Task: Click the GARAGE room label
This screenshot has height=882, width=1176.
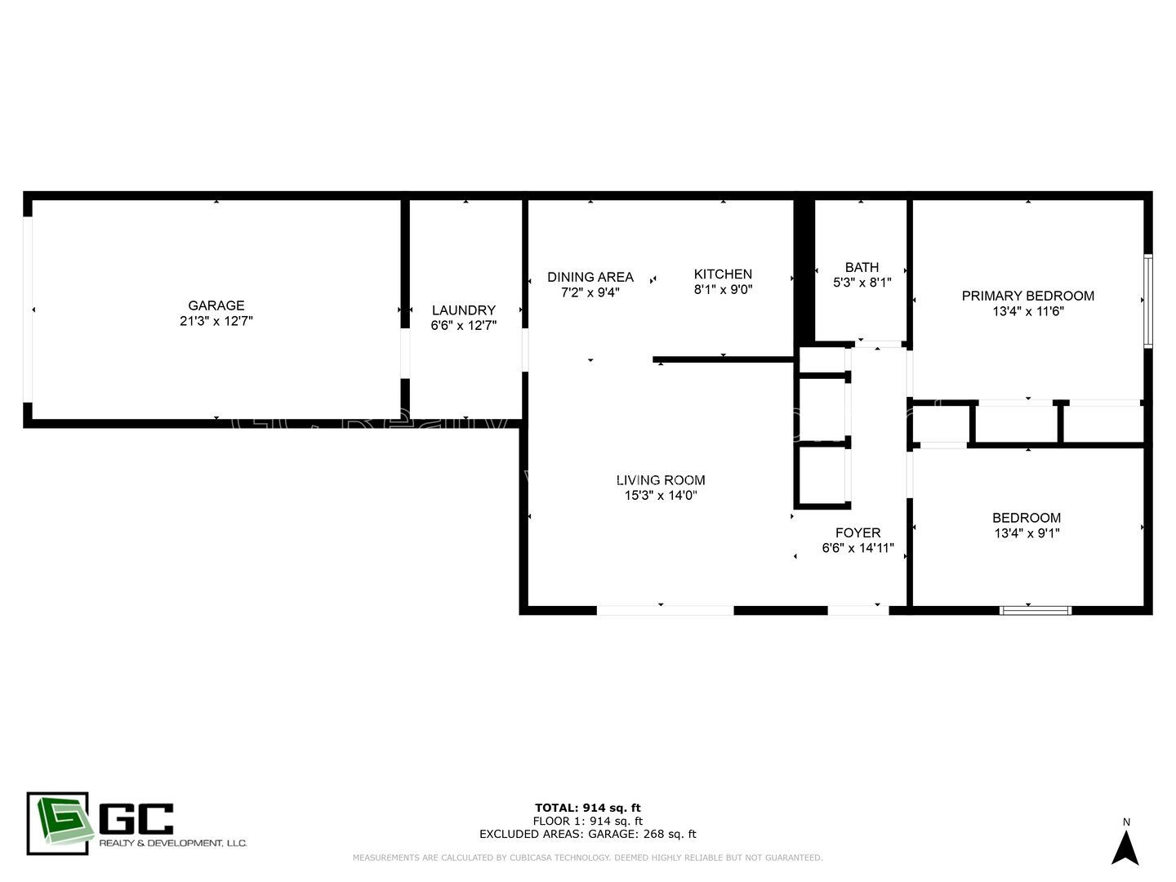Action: tap(216, 305)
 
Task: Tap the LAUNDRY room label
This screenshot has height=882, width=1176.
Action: tap(463, 310)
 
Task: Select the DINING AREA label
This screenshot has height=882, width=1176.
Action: tap(590, 277)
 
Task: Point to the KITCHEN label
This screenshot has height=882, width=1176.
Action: tap(723, 274)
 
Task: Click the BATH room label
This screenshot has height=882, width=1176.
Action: tap(862, 267)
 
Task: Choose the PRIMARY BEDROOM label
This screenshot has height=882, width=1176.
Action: tap(1027, 296)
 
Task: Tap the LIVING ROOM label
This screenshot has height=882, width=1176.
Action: tap(660, 480)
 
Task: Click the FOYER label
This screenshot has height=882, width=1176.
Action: tap(857, 532)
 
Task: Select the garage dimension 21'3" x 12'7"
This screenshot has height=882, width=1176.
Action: tap(216, 321)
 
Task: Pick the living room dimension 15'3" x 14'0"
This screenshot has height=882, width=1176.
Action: tap(660, 496)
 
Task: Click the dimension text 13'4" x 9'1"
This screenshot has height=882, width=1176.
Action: tap(1027, 533)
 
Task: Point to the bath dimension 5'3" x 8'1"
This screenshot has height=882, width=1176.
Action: tap(862, 283)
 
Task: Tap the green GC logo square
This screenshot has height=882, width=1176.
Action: tap(57, 823)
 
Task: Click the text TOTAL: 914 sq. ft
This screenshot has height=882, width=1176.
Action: tap(587, 808)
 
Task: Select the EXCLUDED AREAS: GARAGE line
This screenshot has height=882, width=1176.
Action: tap(587, 834)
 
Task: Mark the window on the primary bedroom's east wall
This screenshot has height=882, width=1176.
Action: tap(1147, 301)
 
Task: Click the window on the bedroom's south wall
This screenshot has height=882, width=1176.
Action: tap(1036, 609)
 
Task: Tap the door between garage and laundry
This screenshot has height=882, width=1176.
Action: tap(404, 353)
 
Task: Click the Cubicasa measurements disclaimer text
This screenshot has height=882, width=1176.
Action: tap(587, 857)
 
